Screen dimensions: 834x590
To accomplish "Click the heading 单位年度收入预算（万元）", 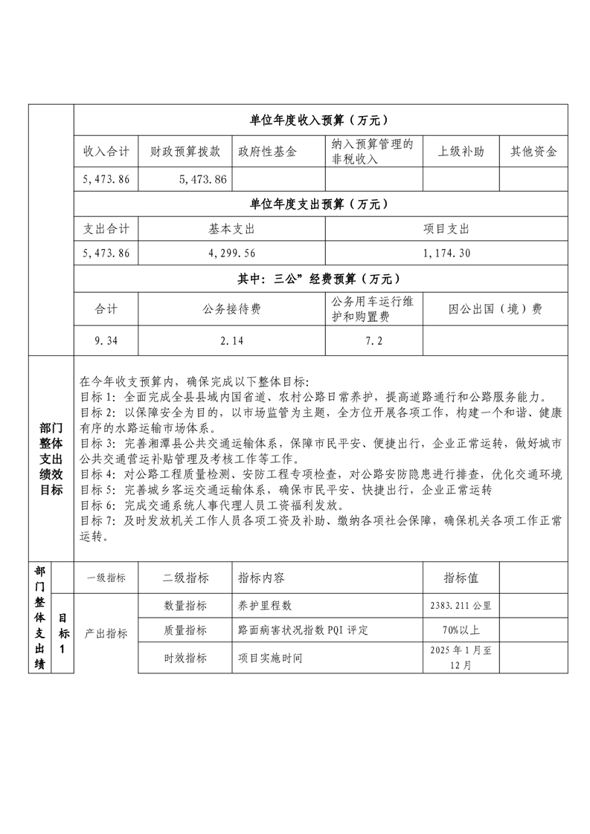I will click(x=321, y=120).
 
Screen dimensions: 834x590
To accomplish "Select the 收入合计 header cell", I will click(x=106, y=152).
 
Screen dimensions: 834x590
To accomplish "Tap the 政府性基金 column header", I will click(x=267, y=152).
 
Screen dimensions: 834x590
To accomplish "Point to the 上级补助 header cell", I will click(x=461, y=152).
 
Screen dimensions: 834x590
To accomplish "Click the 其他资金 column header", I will click(x=533, y=152).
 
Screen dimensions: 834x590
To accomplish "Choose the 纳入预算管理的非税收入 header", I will click(x=373, y=152).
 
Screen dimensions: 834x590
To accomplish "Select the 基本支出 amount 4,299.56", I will click(x=232, y=253).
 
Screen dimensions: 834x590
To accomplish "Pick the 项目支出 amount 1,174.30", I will click(x=446, y=253).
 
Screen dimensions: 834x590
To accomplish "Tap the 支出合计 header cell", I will click(x=106, y=230).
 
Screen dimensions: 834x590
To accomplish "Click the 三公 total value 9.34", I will click(x=106, y=341).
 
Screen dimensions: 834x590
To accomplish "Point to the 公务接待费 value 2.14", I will click(x=232, y=341).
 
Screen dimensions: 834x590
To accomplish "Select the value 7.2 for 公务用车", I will click(x=373, y=341).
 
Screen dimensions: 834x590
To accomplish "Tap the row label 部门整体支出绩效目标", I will click(x=51, y=459).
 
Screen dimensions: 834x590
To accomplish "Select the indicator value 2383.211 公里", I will click(x=461, y=606).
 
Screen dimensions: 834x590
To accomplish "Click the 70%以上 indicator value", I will click(x=461, y=630).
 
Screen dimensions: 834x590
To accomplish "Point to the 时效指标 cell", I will click(x=185, y=658).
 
